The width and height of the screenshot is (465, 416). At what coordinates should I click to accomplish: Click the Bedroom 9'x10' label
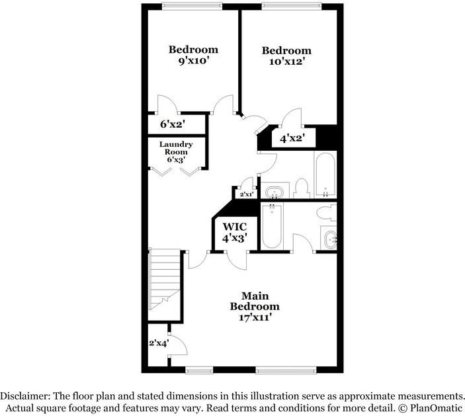[x=193, y=56]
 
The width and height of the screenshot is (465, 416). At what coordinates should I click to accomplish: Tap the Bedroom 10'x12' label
[x=286, y=56]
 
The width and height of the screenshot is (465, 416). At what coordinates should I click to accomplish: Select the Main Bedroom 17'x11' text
[x=255, y=306]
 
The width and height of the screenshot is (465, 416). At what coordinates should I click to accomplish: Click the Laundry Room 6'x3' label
[x=176, y=152]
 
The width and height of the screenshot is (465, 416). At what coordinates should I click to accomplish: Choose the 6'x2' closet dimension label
[x=173, y=124]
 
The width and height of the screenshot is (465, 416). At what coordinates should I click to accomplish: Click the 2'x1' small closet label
[x=247, y=194]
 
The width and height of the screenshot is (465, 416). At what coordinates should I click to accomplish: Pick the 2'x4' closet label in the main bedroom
[x=158, y=343]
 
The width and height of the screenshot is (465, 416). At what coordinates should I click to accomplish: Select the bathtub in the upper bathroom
[x=325, y=175]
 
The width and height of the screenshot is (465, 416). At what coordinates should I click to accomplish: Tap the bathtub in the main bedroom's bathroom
[x=273, y=226]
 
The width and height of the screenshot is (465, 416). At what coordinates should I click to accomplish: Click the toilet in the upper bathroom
[x=301, y=188]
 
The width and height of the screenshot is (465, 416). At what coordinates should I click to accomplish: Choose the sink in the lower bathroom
[x=328, y=239]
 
